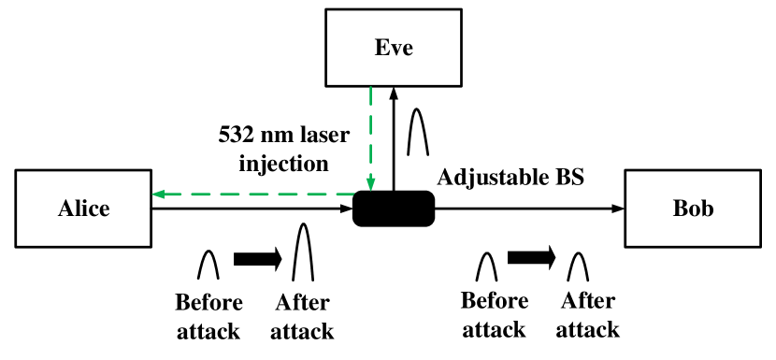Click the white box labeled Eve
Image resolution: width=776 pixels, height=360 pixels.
click(394, 48)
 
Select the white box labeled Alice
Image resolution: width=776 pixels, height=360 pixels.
click(83, 209)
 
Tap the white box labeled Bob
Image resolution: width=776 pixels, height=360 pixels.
click(693, 209)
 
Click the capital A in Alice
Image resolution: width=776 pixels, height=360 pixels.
click(65, 209)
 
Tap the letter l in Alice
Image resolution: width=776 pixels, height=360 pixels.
click(78, 209)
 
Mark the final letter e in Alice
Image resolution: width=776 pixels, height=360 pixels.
click(103, 210)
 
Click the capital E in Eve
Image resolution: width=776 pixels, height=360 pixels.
click(381, 48)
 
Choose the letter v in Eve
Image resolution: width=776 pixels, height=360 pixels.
click(395, 50)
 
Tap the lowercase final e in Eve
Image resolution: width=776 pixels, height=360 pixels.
click(407, 50)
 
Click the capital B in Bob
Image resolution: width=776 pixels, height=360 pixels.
click(681, 209)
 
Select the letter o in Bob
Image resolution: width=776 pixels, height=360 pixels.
click(694, 210)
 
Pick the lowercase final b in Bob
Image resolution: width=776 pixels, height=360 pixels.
click(707, 209)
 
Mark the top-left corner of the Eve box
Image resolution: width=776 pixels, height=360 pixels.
click(328, 11)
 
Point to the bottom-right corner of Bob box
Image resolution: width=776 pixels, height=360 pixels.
click(758, 245)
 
